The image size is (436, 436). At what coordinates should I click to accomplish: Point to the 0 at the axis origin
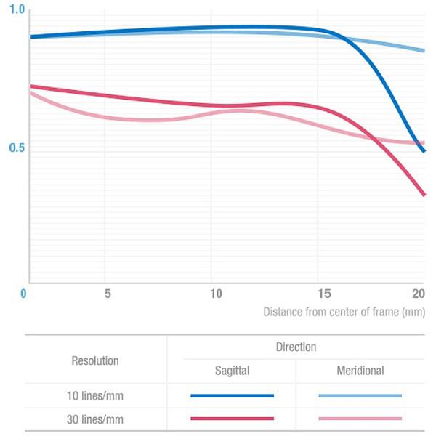tap(24, 294)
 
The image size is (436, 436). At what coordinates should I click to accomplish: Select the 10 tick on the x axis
tap(215, 294)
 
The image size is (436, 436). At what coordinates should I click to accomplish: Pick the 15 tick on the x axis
tap(324, 294)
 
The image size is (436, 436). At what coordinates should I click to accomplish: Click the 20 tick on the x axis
tap(418, 294)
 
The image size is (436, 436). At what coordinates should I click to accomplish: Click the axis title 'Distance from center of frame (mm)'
tap(344, 312)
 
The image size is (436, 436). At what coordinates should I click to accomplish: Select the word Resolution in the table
tap(95, 360)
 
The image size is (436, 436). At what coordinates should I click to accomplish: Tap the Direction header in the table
tap(296, 347)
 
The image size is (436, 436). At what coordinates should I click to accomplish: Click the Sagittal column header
tap(232, 371)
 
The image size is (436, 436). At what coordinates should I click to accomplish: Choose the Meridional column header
tap(360, 371)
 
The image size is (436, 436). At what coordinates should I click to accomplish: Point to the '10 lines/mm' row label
tap(95, 395)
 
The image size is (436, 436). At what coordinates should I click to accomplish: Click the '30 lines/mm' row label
tap(95, 419)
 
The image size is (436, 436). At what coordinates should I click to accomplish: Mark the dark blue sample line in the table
tap(232, 396)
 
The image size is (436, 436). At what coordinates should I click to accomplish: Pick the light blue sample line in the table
tap(360, 396)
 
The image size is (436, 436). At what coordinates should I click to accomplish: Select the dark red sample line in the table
tap(232, 419)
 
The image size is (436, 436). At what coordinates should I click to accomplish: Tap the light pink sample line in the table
tap(360, 419)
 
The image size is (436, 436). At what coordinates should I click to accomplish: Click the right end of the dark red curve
tap(424, 195)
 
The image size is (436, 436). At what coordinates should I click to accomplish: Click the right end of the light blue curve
tap(424, 51)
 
